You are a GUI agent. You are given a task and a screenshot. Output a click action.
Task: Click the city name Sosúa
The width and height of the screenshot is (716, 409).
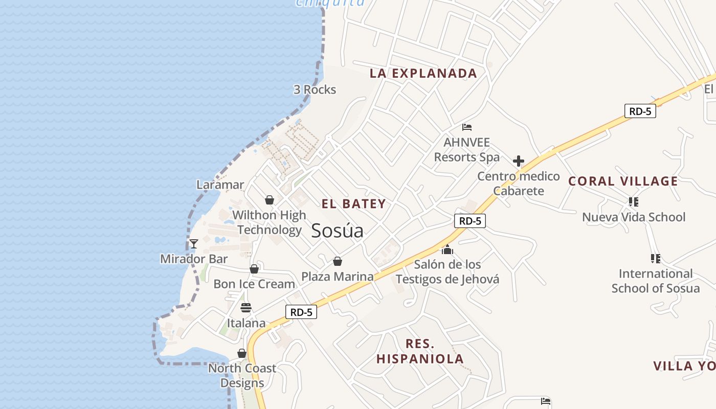[x=337, y=231]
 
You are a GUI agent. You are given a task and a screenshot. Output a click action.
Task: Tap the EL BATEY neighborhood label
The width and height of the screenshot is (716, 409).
[x=353, y=204]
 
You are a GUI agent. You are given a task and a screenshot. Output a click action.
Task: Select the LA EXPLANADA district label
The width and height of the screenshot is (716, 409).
[x=423, y=73]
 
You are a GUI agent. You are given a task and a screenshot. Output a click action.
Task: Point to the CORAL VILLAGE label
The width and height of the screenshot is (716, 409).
[x=623, y=181]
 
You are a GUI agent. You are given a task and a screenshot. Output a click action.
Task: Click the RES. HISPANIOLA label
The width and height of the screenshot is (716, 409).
[x=420, y=351]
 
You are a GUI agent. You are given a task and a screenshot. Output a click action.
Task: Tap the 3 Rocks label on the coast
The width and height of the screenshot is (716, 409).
[x=315, y=89]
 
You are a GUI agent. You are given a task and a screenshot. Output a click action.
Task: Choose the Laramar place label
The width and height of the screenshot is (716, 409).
[x=220, y=185]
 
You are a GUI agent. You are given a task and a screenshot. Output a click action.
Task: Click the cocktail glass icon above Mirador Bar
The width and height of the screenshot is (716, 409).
[x=193, y=243]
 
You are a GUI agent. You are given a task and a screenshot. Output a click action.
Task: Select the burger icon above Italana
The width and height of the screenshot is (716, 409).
[x=246, y=307]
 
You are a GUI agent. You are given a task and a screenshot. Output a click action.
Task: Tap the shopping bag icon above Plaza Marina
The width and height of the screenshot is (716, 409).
[x=338, y=261]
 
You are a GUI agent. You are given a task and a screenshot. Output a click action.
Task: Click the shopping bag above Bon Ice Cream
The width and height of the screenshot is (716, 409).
[x=254, y=269]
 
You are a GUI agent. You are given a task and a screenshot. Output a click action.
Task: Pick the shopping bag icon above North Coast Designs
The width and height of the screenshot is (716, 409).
[x=242, y=353]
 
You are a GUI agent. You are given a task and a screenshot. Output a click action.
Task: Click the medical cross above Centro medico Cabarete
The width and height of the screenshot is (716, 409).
[x=519, y=162]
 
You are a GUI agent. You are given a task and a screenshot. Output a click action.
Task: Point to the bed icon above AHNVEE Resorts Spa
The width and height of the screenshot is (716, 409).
[x=466, y=127]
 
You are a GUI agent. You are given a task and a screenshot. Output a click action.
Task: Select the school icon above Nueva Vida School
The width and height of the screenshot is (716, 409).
[x=634, y=202]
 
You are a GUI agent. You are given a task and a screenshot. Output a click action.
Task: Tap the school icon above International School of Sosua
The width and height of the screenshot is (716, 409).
[x=655, y=259]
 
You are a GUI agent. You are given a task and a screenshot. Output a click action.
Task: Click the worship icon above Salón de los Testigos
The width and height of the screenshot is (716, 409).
[x=447, y=249]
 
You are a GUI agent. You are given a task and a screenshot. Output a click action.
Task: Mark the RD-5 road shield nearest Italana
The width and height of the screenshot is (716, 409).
[x=301, y=312]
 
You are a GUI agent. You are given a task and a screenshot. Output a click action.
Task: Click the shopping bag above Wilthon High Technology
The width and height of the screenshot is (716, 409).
[x=270, y=200]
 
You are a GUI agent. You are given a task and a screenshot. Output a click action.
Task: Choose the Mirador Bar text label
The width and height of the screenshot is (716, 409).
[x=194, y=259]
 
